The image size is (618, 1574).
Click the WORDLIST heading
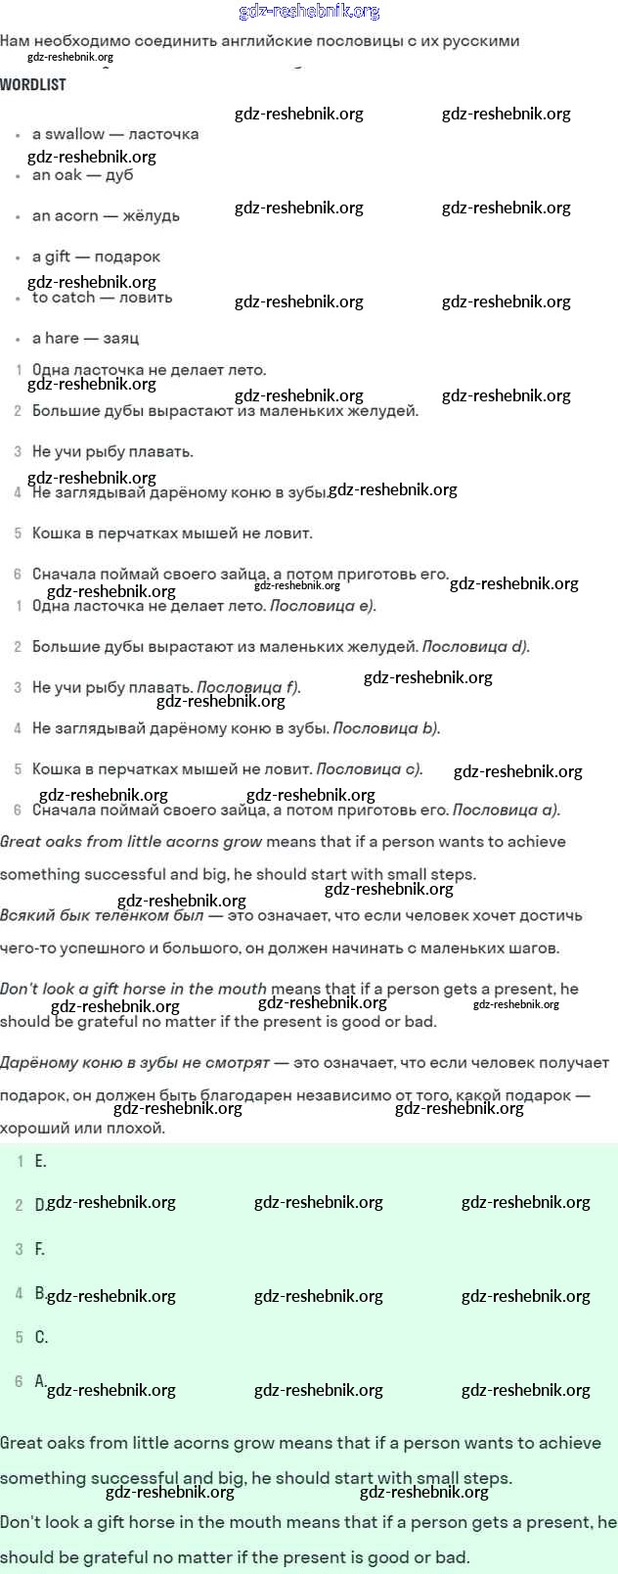click(x=33, y=85)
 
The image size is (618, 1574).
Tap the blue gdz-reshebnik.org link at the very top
click(x=309, y=12)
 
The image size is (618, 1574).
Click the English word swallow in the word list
click(x=75, y=134)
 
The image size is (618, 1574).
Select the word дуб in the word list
click(x=119, y=175)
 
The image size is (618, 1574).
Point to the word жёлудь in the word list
click(x=151, y=216)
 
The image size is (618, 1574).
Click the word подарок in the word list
click(x=127, y=256)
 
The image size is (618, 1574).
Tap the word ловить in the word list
click(x=145, y=298)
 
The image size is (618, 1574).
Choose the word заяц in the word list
click(x=121, y=339)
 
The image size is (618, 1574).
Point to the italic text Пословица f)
click(x=248, y=687)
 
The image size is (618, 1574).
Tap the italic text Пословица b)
click(x=386, y=728)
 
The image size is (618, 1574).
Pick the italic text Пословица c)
click(x=370, y=769)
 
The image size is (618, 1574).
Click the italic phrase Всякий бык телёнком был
click(x=102, y=916)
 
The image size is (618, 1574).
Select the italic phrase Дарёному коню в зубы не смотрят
click(x=135, y=1063)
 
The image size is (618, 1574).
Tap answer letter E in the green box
click(x=40, y=1161)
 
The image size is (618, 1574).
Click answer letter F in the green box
click(x=40, y=1249)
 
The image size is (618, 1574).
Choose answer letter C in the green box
click(x=41, y=1337)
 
